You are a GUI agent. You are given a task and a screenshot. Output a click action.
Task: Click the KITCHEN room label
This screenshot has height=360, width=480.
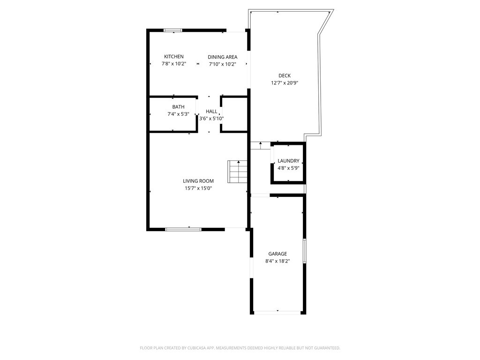tap(173, 57)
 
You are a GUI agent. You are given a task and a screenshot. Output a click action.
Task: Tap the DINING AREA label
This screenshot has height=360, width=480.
tap(223, 57)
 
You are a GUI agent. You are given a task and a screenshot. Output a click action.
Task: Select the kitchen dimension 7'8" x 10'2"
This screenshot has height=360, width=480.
tap(173, 64)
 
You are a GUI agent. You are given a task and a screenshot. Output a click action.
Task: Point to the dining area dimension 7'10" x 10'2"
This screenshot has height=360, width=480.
tap(223, 64)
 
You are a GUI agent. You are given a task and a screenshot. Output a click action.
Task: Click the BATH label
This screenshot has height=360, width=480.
tap(178, 107)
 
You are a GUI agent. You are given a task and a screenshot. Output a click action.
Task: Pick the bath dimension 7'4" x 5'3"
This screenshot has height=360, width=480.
tap(178, 114)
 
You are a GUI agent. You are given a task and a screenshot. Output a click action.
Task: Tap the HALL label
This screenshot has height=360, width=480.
tap(211, 112)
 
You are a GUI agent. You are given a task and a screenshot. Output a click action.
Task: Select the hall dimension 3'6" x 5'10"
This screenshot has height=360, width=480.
tap(211, 119)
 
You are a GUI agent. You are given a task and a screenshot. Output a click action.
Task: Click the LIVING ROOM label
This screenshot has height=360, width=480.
tap(198, 181)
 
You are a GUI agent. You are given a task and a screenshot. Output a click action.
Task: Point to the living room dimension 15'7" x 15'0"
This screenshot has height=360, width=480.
tap(198, 188)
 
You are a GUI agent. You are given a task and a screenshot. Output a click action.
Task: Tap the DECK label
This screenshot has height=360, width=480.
tap(285, 75)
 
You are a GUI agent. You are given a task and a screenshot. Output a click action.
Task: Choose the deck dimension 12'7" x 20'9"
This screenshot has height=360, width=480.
tap(285, 83)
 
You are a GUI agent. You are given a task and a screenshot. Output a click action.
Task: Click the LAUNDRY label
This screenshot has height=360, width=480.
tap(288, 161)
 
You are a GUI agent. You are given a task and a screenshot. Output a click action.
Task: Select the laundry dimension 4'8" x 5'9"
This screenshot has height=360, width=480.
tap(288, 168)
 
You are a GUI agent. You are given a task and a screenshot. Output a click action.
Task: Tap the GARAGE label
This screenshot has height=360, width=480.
tap(277, 254)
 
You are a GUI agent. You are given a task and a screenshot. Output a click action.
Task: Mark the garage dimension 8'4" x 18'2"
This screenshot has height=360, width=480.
tap(277, 262)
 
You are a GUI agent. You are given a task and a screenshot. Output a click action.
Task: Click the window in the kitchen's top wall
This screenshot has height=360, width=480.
tap(173, 31)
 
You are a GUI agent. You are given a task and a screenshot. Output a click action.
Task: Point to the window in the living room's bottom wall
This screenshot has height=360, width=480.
tap(183, 229)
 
